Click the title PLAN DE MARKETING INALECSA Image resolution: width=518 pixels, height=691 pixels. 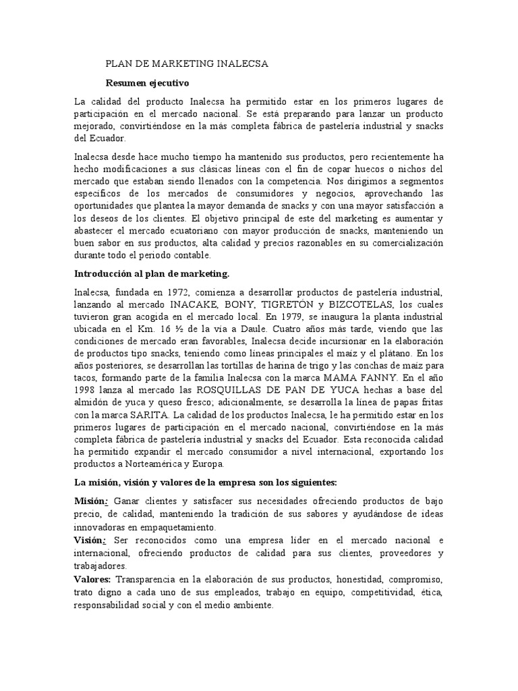pos(188,64)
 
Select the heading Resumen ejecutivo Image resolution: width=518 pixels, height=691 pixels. pos(148,83)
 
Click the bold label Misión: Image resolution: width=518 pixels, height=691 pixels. pos(91,501)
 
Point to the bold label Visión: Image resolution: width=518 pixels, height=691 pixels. pos(90,541)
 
